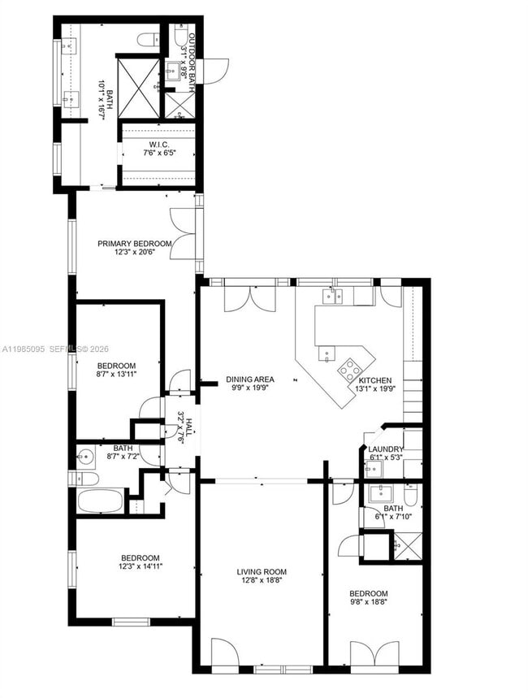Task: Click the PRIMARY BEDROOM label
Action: [135, 244]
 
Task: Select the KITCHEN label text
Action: [374, 380]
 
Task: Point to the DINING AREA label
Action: [250, 379]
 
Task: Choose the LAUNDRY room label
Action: [386, 449]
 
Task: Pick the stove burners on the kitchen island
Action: [350, 370]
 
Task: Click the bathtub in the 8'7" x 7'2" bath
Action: [101, 501]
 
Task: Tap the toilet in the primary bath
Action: [149, 39]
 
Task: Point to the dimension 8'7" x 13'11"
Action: [116, 376]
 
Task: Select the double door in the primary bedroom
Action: [181, 235]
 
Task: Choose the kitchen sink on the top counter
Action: [332, 296]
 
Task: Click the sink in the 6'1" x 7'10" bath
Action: [379, 493]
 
